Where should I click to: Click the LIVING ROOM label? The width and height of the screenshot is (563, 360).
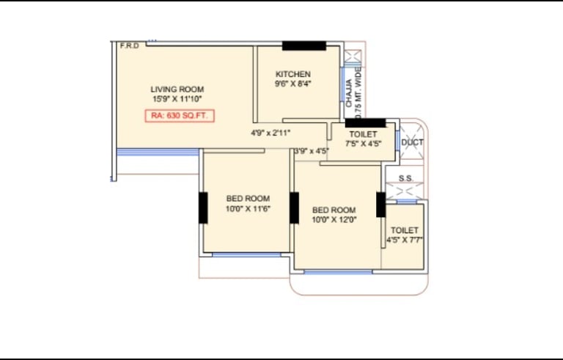(177, 89)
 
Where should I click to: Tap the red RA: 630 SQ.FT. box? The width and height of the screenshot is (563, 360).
(180, 116)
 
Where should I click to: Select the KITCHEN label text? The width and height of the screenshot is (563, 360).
(293, 74)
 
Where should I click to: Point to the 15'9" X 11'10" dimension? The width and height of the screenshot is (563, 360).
(177, 99)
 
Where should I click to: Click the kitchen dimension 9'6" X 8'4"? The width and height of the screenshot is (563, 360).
(293, 84)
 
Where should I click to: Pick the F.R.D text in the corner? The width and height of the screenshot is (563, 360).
(130, 46)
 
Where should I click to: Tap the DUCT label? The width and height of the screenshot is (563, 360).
(412, 143)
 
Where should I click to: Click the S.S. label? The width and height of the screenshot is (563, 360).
(405, 178)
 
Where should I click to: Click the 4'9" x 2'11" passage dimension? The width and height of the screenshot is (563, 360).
(271, 133)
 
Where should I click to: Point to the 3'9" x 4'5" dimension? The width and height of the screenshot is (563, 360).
(312, 151)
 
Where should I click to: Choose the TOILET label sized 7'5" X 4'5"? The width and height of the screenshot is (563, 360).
(364, 134)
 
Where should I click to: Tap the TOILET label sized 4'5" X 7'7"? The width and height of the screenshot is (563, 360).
(405, 230)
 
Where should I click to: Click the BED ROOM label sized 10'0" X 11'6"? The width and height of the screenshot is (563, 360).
(248, 199)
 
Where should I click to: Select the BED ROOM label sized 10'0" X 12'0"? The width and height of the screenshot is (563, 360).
(334, 210)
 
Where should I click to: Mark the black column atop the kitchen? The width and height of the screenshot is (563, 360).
(304, 45)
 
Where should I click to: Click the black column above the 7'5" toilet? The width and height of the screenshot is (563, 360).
(366, 123)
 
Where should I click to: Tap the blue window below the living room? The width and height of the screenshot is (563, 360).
(158, 153)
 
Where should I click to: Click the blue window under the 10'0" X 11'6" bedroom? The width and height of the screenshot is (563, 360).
(246, 254)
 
